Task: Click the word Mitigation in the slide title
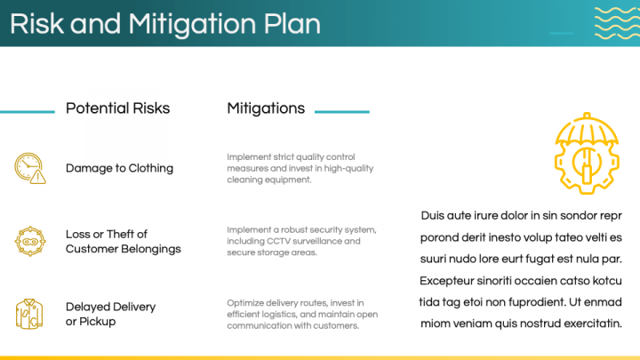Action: pyautogui.click(x=193, y=25)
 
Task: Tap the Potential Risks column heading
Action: pyautogui.click(x=117, y=108)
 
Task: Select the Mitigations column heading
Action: pyautogui.click(x=266, y=108)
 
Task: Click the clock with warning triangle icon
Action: pyautogui.click(x=30, y=168)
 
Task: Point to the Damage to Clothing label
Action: pyautogui.click(x=119, y=168)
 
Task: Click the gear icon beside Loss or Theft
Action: pyautogui.click(x=30, y=241)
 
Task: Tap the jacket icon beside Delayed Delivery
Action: pyautogui.click(x=29, y=314)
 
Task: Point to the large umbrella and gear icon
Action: pyautogui.click(x=587, y=154)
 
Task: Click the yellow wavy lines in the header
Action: pyautogui.click(x=617, y=23)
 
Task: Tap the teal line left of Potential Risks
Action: pyautogui.click(x=28, y=111)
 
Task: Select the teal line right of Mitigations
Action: pyautogui.click(x=342, y=111)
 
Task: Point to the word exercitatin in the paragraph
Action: pyautogui.click(x=593, y=324)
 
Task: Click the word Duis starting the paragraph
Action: pyautogui.click(x=432, y=215)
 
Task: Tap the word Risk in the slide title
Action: pyautogui.click(x=36, y=24)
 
